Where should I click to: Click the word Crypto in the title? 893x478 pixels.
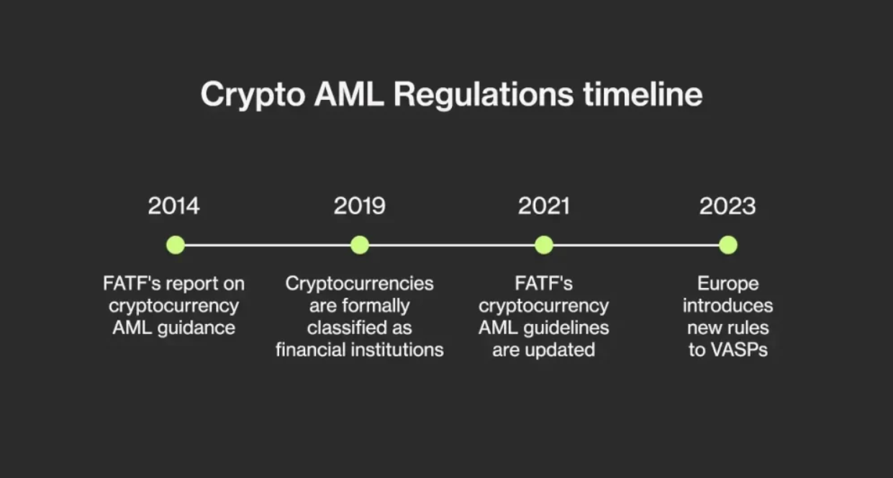(253, 95)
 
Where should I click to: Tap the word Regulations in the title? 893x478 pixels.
(484, 95)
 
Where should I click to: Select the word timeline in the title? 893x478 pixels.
(643, 94)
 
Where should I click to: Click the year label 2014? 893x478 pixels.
(173, 206)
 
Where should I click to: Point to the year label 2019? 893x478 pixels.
(360, 206)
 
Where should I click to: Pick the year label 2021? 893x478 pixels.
(544, 206)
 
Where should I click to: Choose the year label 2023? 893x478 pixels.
(727, 206)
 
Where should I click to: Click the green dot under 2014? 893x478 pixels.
(176, 245)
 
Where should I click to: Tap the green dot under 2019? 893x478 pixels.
(360, 245)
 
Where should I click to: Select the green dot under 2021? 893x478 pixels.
(544, 245)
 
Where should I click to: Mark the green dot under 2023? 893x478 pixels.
(728, 245)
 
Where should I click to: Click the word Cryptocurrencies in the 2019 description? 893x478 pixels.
(359, 284)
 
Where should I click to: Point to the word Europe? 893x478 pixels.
(728, 284)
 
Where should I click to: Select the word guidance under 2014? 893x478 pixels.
(196, 328)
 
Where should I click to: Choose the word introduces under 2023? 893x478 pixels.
(728, 306)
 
